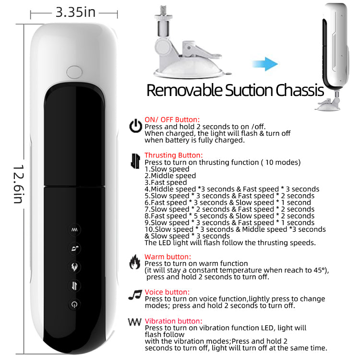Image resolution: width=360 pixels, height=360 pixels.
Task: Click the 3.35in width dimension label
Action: pos(75,12)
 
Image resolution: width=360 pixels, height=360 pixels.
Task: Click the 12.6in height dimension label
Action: pos(18,184)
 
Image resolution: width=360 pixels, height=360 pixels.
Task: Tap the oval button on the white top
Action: pos(74,72)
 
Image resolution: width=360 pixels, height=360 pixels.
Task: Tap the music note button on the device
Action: pos(74,248)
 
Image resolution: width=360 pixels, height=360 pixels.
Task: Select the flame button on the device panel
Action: pos(74,267)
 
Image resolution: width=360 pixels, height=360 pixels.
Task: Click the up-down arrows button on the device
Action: pos(74,286)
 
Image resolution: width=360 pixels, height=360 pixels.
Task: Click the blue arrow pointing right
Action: pos(265,64)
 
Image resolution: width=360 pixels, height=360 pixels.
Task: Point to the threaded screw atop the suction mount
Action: pos(163,10)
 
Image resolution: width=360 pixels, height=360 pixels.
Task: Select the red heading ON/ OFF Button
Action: pos(172,120)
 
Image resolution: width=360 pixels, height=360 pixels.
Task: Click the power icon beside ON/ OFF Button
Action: pos(135,126)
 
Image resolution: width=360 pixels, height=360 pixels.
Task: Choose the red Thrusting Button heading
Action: pos(174,155)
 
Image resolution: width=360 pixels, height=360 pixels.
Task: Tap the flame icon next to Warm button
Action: pos(135,262)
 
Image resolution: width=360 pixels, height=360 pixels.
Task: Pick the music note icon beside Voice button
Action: pos(135,295)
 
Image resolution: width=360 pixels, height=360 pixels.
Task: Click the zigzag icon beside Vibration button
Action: pos(134,322)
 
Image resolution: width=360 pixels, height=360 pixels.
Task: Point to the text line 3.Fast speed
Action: pos(166,182)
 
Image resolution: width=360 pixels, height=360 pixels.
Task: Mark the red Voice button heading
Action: pos(167,292)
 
